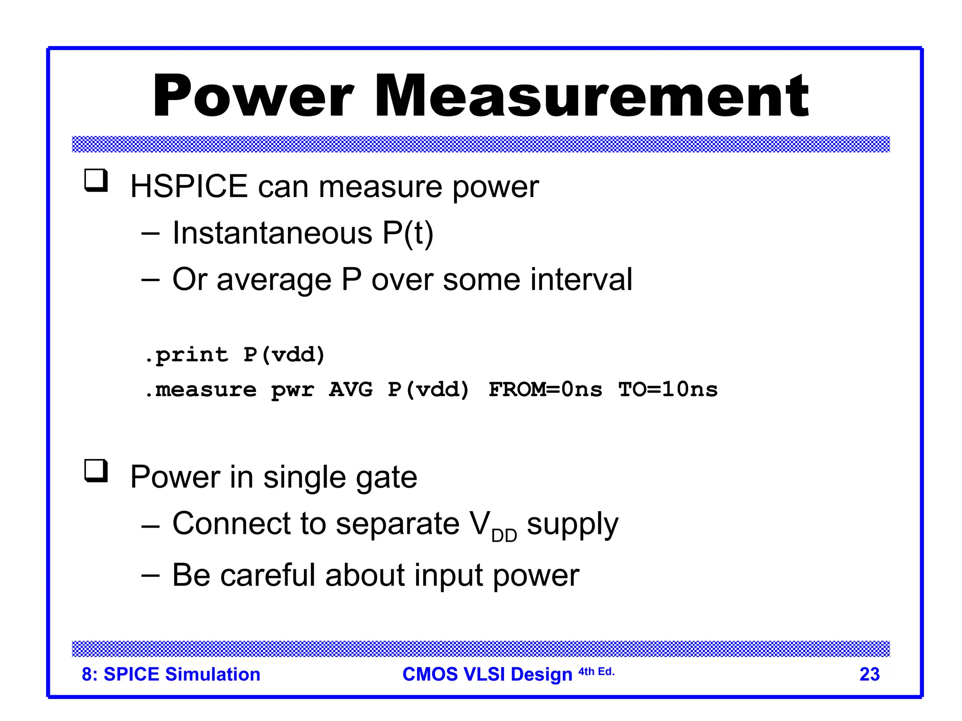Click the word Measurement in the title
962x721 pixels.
[x=591, y=96]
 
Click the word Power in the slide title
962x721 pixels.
[x=253, y=96]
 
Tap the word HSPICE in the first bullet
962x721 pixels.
[x=189, y=186]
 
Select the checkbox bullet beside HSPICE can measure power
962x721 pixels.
[x=96, y=181]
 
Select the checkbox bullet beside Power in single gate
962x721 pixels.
[x=96, y=471]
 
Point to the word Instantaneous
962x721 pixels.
[x=272, y=233]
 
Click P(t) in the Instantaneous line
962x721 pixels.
[x=408, y=233]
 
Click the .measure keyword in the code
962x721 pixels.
[x=201, y=390]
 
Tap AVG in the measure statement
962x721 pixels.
[x=350, y=390]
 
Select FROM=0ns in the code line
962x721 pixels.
[x=545, y=390]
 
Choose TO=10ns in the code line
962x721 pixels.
[x=668, y=390]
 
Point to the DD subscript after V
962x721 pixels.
[x=504, y=535]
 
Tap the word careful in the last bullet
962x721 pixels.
[x=268, y=575]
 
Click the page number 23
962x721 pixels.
[x=869, y=674]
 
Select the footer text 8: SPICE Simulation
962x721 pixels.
[x=171, y=674]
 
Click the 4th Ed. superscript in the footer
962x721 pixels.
[x=596, y=672]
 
